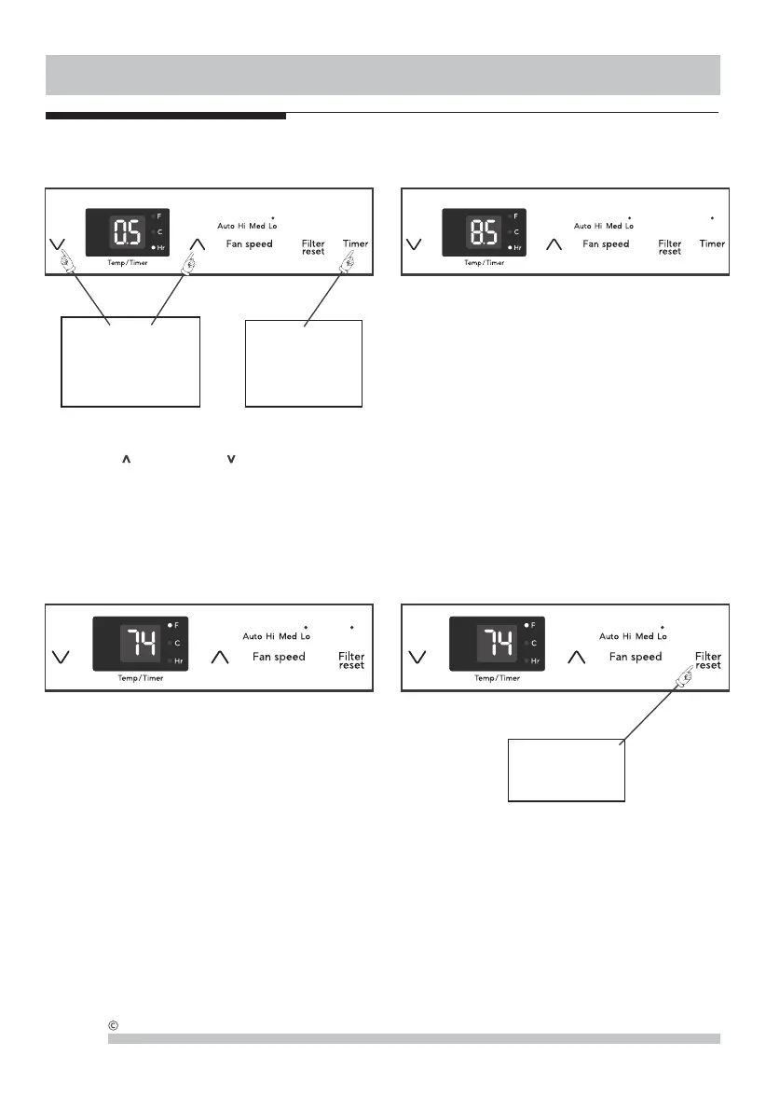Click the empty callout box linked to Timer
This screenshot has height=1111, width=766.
(303, 364)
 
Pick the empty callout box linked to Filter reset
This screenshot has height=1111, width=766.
(566, 770)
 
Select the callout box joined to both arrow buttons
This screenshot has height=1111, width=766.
(130, 361)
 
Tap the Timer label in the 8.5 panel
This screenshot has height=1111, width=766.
(712, 243)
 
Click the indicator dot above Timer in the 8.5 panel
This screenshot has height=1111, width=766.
(712, 218)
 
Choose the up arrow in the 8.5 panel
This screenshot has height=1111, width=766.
(554, 244)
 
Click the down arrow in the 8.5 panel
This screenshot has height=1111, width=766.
(415, 244)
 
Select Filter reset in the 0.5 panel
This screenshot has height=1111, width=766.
(313, 247)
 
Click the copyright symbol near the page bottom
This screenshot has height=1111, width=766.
(113, 1028)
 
